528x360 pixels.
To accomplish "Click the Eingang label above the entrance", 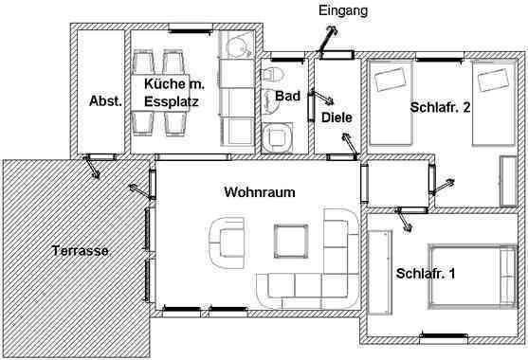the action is click(343, 11).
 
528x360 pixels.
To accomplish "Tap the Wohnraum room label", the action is click(260, 192).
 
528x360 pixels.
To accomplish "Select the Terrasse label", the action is click(81, 251).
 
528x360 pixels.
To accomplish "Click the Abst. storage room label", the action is click(105, 101).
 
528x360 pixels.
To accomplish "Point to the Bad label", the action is click(287, 96).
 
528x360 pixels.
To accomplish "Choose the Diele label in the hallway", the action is click(337, 117).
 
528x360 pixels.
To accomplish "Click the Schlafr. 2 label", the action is click(440, 107).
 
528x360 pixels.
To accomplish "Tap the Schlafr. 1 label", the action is click(426, 273).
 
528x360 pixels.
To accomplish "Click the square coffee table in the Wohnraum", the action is click(291, 241).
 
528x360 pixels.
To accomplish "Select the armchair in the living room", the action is click(227, 243).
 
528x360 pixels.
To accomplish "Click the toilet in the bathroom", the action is click(272, 75).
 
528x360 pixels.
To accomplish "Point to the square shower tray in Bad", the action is click(277, 137).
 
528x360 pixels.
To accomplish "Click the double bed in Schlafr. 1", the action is click(473, 277).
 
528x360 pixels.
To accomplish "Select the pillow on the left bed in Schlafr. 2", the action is click(390, 80).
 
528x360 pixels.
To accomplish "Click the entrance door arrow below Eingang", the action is click(327, 41).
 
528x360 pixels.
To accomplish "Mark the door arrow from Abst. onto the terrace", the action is click(92, 168).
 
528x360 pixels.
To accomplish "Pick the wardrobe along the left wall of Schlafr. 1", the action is click(380, 273).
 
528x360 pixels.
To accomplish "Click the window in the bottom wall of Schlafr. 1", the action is click(444, 336).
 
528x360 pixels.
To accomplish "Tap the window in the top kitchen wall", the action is click(191, 29).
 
